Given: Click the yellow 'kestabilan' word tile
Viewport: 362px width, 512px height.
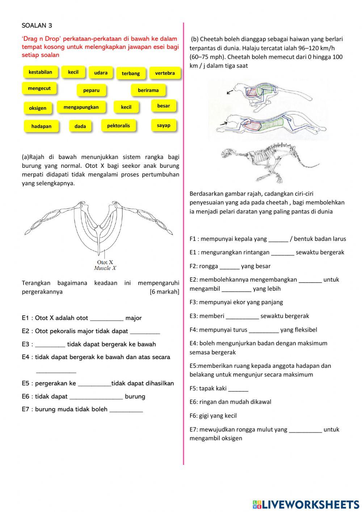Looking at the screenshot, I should click(40, 72).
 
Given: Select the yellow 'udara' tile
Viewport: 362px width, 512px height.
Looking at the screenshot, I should click(101, 73).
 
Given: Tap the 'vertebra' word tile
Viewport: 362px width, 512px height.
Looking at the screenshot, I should click(165, 73).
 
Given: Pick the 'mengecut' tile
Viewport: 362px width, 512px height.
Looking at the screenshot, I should click(39, 88).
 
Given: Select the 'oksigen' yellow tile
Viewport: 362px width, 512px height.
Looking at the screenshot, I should click(38, 108).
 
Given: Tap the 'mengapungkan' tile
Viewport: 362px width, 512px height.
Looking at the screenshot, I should click(81, 107).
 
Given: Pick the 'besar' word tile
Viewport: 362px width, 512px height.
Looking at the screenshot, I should click(164, 106).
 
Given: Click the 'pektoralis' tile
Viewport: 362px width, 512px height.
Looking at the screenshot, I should click(118, 126).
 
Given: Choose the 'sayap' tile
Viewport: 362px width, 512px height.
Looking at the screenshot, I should click(164, 125).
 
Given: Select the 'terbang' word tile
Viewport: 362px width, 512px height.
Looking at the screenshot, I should click(131, 74).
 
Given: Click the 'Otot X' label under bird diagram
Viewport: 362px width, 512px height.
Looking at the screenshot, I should click(105, 262).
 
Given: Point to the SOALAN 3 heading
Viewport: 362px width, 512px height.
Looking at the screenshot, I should click(37, 25).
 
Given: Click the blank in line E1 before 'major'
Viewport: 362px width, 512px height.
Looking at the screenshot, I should click(106, 318).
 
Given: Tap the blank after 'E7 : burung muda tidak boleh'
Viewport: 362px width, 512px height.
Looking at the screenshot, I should click(126, 409).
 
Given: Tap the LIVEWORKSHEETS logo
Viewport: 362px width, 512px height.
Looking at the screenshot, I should click(306, 504).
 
